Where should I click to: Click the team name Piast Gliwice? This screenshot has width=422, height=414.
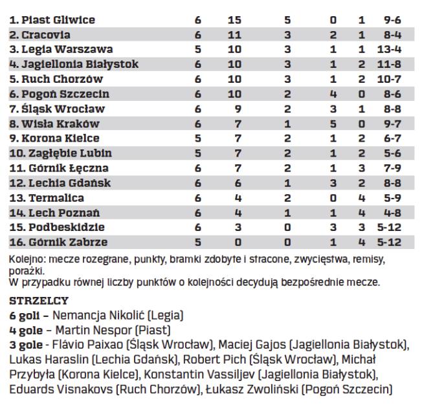tap(52, 20)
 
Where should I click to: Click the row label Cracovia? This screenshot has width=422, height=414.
tap(40, 34)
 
